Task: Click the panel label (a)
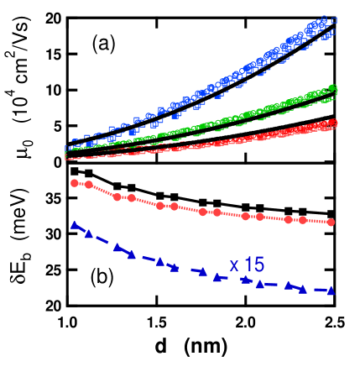click(x=101, y=43)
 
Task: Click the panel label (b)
click(x=99, y=276)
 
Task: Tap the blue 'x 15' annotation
click(x=247, y=265)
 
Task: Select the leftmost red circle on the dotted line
click(x=75, y=183)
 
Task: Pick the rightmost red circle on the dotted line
click(x=331, y=222)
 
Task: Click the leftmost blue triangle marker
click(x=74, y=225)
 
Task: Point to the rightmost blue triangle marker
click(x=331, y=291)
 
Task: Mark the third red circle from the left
click(x=117, y=197)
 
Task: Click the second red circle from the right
click(x=301, y=220)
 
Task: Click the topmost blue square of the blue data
click(x=333, y=19)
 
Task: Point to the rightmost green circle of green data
click(x=332, y=87)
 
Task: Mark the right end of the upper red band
click(x=333, y=123)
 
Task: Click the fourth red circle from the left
click(x=131, y=197)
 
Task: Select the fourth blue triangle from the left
click(x=131, y=252)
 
